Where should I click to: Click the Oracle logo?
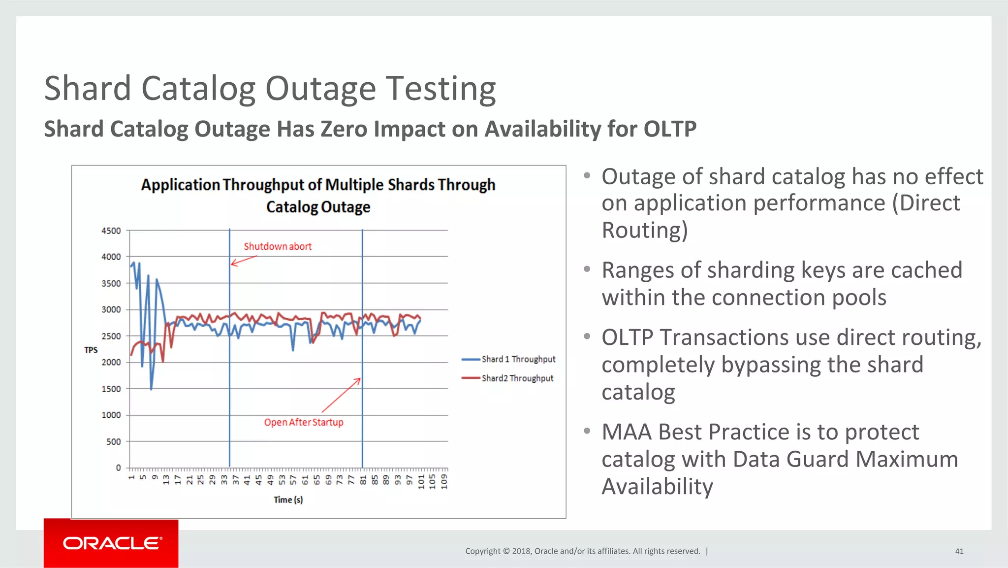tap(111, 543)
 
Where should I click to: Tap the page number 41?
tap(959, 551)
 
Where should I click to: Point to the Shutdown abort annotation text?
tap(278, 246)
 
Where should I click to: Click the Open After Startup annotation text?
tap(303, 422)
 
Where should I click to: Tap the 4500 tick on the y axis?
tap(111, 231)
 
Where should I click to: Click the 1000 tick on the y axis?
tap(111, 415)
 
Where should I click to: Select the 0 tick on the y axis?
tap(118, 468)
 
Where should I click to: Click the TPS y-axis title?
tap(91, 350)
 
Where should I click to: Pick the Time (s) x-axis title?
tap(288, 500)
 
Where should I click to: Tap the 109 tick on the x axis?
tap(444, 481)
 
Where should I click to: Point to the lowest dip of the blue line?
tap(151, 389)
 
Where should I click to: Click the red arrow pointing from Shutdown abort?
tap(244, 261)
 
